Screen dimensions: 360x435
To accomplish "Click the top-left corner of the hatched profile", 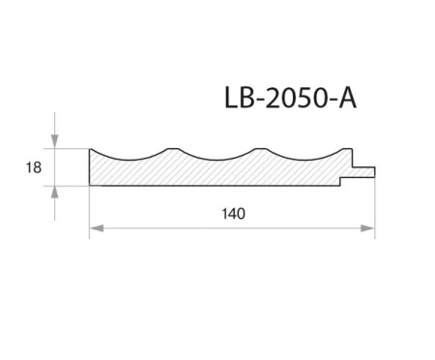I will tap(90, 149).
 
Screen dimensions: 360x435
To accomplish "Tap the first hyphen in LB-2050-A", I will tap(259, 101).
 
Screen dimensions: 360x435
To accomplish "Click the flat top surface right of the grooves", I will tap(344, 150).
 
